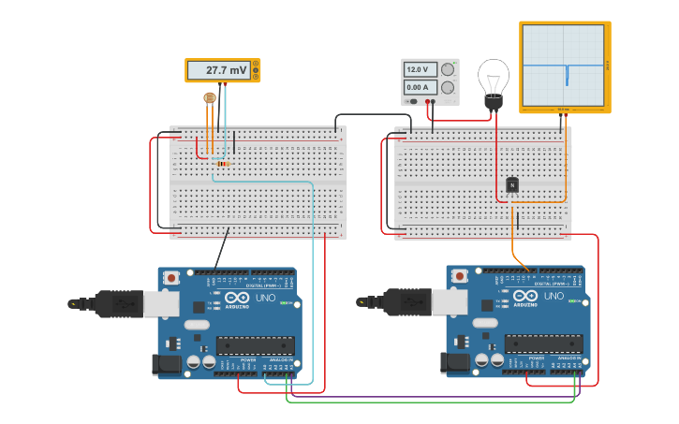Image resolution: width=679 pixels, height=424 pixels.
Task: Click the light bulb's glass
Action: pos(494,74)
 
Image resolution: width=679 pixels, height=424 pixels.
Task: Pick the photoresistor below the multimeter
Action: pos(210,97)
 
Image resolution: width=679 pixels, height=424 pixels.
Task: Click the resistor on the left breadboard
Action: pos(222,164)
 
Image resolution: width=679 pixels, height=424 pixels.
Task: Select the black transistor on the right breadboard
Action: pos(512,185)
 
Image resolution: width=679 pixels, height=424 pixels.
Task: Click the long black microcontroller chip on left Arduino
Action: pos(255,344)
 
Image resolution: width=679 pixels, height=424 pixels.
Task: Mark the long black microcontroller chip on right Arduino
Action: pos(544,344)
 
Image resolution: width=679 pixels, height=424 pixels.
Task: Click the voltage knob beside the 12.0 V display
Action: pos(448,69)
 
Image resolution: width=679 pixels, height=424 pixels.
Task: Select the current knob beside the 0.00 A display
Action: pos(448,87)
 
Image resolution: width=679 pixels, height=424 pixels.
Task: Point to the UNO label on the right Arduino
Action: pos(554,297)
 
